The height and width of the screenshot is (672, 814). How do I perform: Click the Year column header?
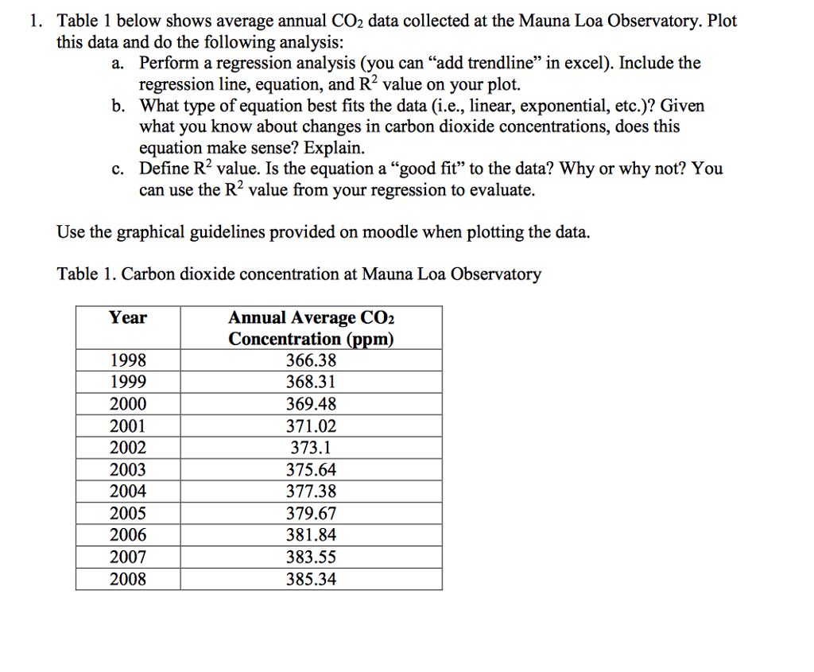pos(128,318)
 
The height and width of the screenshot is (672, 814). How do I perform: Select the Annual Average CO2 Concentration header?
pos(311,328)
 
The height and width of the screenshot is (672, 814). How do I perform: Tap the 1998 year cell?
pos(128,360)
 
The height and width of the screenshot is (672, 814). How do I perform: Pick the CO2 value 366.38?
pos(311,360)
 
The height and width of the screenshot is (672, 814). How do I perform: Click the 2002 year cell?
pos(128,448)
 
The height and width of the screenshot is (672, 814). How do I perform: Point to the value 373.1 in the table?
pos(311,448)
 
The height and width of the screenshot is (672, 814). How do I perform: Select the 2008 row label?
pos(128,579)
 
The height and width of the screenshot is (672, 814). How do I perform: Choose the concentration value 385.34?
pos(311,579)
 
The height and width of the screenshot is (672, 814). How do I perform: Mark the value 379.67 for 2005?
pos(311,513)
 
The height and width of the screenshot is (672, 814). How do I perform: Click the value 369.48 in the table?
pos(311,404)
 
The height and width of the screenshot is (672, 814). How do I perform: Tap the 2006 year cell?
pos(128,535)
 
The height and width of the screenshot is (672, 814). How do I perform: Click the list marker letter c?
pos(118,169)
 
